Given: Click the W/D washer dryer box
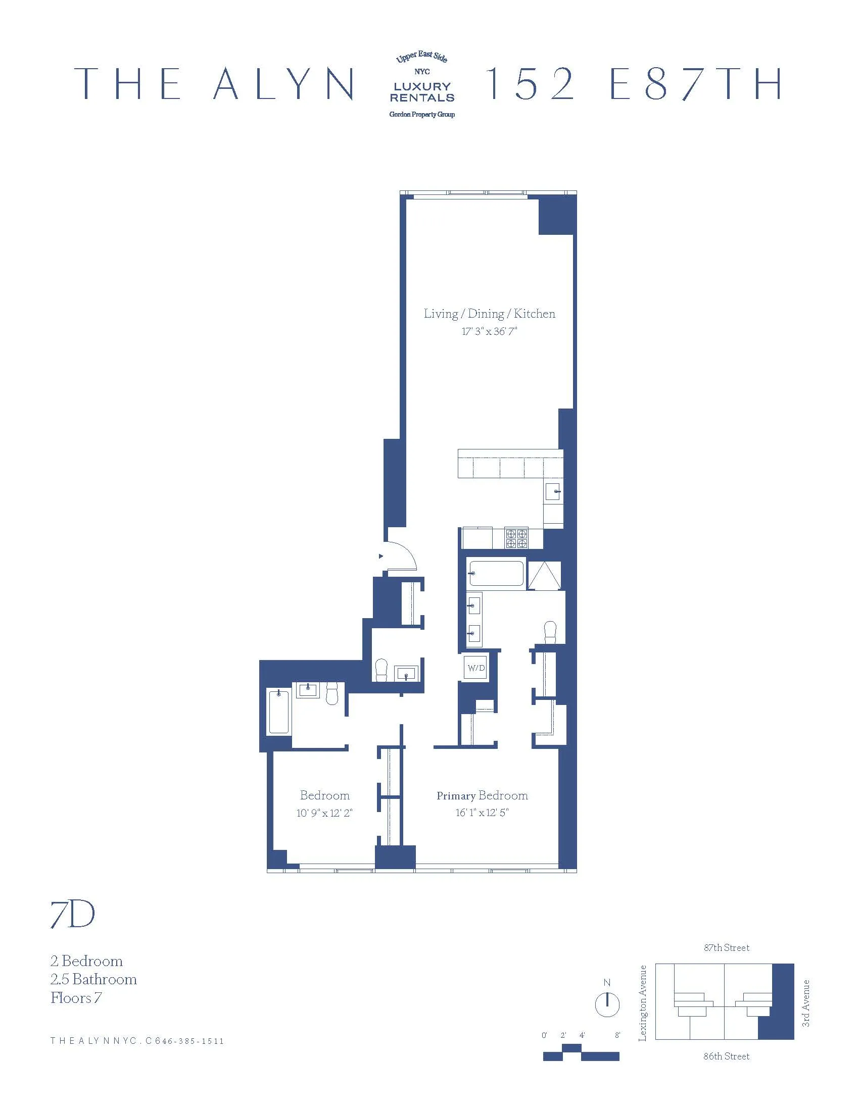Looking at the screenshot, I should pyautogui.click(x=476, y=668).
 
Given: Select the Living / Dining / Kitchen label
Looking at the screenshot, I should pyautogui.click(x=489, y=314).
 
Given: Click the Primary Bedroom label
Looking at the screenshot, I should pyautogui.click(x=482, y=795).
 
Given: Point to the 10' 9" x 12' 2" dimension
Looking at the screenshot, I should pyautogui.click(x=324, y=813).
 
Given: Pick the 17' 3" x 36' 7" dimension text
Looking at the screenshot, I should pyautogui.click(x=489, y=332).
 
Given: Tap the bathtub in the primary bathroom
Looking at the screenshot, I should pyautogui.click(x=496, y=573).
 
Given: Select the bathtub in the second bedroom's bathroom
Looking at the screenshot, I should pyautogui.click(x=278, y=712).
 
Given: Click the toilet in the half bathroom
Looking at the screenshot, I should pyautogui.click(x=380, y=670).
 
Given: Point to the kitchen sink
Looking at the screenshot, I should pyautogui.click(x=553, y=491).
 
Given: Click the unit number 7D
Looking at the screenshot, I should pyautogui.click(x=73, y=915).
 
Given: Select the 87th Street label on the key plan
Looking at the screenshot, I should pyautogui.click(x=726, y=948).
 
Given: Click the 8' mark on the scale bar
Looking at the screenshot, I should pyautogui.click(x=617, y=1035).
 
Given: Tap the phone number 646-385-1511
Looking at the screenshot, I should pyautogui.click(x=189, y=1041).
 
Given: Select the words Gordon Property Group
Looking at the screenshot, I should pyautogui.click(x=422, y=115).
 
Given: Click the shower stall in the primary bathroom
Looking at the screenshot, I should pyautogui.click(x=544, y=575).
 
